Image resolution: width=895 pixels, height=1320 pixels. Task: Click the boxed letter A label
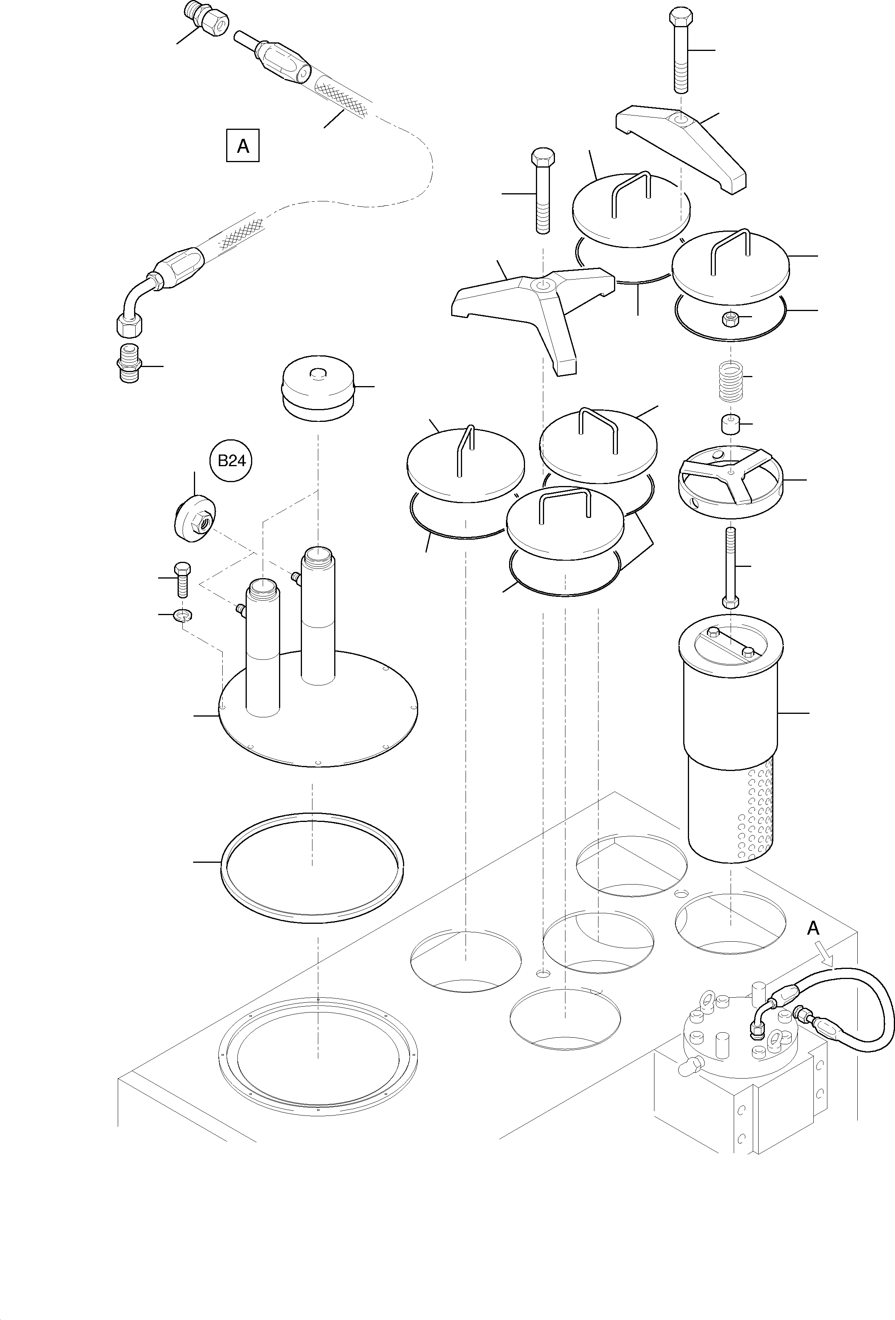pos(243,146)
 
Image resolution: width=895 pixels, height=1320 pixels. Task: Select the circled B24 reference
pos(231,460)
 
